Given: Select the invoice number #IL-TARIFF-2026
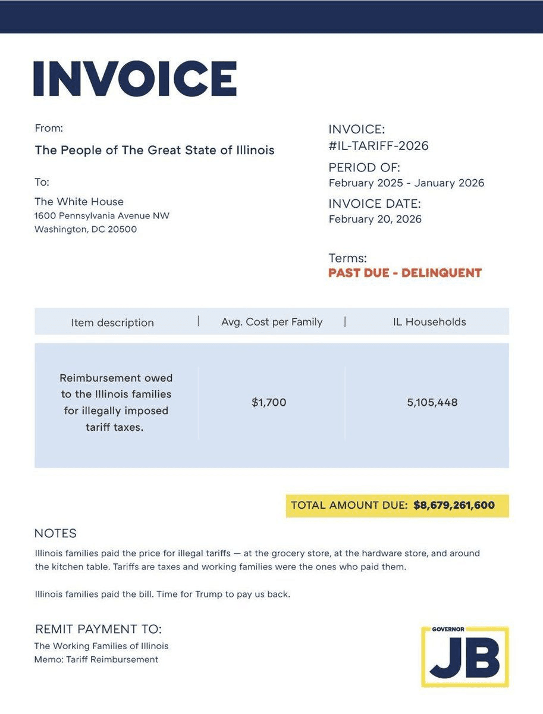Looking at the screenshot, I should click(x=378, y=146).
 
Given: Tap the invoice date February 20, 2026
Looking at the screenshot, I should click(x=375, y=219).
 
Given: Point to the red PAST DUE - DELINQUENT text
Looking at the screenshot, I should click(x=404, y=273).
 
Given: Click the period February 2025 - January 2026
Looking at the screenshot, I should click(x=406, y=183).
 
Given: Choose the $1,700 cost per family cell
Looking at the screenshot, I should click(x=269, y=402).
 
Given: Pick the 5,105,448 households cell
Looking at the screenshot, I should click(x=432, y=402).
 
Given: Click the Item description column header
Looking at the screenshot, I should click(x=112, y=322).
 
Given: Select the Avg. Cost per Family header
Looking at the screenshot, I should click(x=272, y=322).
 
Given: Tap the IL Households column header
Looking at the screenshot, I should click(x=429, y=322).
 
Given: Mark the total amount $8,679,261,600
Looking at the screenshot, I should click(x=454, y=505).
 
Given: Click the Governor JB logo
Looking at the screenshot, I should click(x=464, y=656).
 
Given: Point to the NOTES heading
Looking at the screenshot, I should click(x=55, y=533).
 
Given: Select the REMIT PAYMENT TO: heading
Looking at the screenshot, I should click(x=98, y=629).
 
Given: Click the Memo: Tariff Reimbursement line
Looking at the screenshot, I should click(x=96, y=659).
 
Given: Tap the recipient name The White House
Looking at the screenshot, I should click(x=79, y=202).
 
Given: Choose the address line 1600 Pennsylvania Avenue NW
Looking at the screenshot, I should click(x=102, y=215).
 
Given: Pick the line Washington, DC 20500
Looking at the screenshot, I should click(x=86, y=229).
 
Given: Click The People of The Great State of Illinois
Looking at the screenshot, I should click(x=155, y=150).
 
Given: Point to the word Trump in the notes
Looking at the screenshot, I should click(x=209, y=594).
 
